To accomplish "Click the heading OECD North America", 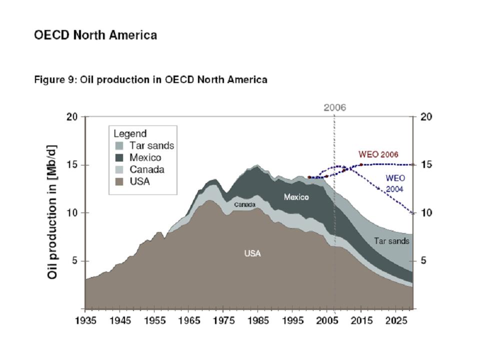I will (x=95, y=35).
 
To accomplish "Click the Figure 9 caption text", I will (x=150, y=79).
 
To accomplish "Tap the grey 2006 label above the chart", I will (x=334, y=107).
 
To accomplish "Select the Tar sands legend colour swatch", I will (x=118, y=146).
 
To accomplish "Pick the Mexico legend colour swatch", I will (x=118, y=158).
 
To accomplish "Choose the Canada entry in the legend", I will (x=146, y=170).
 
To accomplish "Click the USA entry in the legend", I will (x=139, y=181).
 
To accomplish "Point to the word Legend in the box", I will (x=130, y=134).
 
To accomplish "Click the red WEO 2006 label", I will (x=378, y=154).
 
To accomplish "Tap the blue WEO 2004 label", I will (x=395, y=183).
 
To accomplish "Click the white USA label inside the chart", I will (x=252, y=253).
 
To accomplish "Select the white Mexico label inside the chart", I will (x=296, y=197).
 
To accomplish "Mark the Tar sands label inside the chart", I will (x=391, y=241).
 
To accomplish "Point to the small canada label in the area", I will (x=245, y=204).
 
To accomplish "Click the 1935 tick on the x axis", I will (x=85, y=320).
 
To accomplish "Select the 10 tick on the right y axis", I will (x=426, y=213).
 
